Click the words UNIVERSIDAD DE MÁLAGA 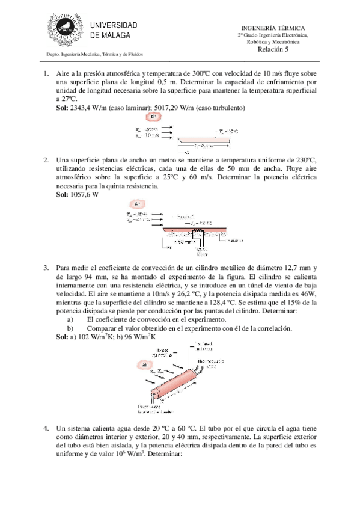pyautogui.click(x=114, y=30)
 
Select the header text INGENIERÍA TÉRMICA pyautogui.click(x=273, y=28)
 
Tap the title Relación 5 pyautogui.click(x=273, y=50)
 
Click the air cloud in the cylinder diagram pyautogui.click(x=145, y=365)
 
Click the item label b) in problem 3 pyautogui.click(x=70, y=329)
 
